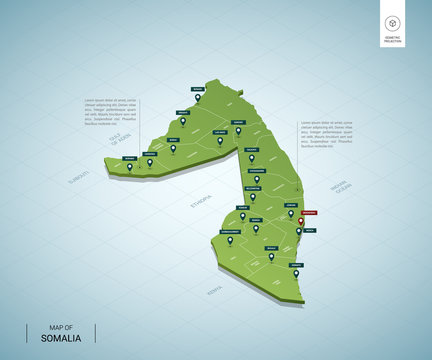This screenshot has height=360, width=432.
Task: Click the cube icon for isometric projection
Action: click(393, 23)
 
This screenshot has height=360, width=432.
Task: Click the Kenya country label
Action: click(212, 290)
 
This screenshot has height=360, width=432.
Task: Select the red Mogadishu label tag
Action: click(310, 212)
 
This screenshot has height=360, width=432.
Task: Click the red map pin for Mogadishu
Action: click(300, 221)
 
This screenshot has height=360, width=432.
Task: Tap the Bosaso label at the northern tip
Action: click(197, 90)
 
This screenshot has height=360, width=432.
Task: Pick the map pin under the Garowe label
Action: click(238, 130)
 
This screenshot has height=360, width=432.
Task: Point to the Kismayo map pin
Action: click(296, 273)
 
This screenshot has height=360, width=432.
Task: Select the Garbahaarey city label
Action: click(229, 230)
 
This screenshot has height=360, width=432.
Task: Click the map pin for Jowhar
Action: click(291, 212)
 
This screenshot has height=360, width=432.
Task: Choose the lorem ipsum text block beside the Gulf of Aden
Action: click(107, 112)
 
